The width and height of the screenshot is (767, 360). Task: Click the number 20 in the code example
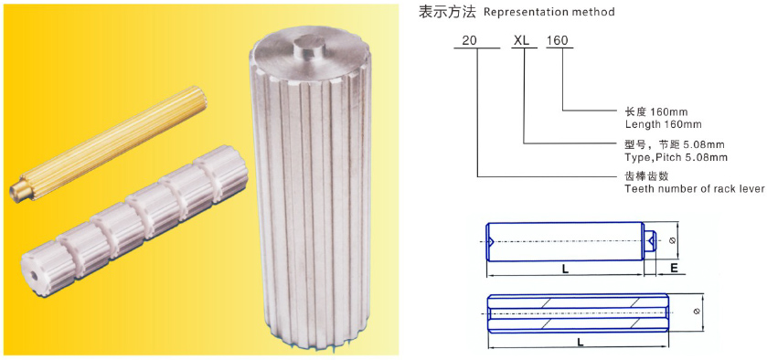pos(469,41)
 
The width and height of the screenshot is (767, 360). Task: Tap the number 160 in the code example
pos(558,41)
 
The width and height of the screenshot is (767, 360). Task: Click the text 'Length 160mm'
pos(663,123)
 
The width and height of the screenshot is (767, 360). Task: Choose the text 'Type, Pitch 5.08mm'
pos(676,157)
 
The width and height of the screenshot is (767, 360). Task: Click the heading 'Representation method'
pos(549,13)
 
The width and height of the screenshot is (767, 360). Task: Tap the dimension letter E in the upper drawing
pos(673,270)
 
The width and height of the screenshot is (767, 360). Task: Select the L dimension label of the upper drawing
pos(565,270)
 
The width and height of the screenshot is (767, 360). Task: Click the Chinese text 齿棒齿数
pos(646,176)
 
